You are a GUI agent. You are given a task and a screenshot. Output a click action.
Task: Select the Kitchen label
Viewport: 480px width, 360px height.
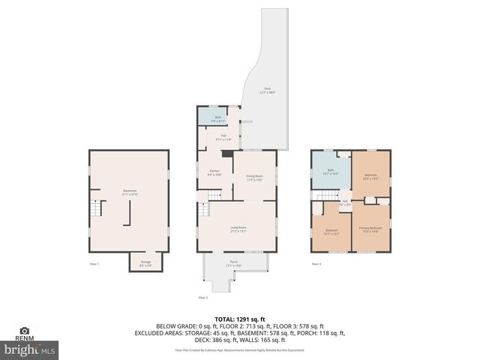coord(214,172)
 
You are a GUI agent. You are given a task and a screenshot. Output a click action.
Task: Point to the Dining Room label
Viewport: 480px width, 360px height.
coord(255,177)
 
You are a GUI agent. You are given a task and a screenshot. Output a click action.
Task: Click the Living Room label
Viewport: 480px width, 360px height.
coord(238,228)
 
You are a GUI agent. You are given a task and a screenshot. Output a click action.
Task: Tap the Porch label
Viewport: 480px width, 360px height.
coord(234,264)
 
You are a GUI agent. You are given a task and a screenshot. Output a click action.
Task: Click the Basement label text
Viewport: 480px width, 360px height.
coord(130,192)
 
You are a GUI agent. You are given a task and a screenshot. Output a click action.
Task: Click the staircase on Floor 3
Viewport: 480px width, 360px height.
coord(328,196)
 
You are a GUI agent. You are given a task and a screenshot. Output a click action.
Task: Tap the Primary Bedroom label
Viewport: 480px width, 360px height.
coord(370,229)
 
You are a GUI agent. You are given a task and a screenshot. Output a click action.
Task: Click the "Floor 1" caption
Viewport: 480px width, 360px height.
coord(94,264)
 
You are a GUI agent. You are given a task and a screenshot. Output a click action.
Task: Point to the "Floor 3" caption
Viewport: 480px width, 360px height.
coord(316,264)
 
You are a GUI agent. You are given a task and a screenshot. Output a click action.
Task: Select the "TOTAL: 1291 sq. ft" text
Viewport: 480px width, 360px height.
coord(240,319)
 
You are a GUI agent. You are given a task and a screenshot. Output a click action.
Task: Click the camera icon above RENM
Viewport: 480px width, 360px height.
coord(24,330)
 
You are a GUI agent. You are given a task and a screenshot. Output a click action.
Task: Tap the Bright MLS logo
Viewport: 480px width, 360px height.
coord(30,349)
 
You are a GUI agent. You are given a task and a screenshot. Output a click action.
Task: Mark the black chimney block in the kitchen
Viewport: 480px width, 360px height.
coord(226,154)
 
